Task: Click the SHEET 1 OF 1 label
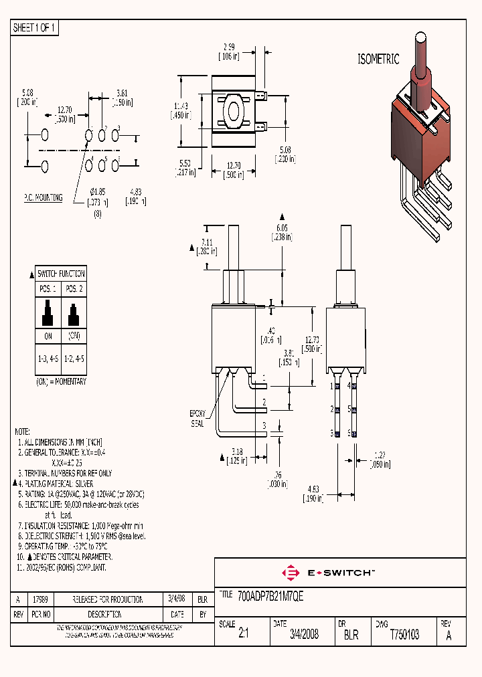pyautogui.click(x=35, y=28)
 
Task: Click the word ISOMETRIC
pyautogui.click(x=378, y=59)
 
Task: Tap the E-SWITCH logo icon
pyautogui.click(x=291, y=573)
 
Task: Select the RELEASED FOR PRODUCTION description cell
pyautogui.click(x=108, y=599)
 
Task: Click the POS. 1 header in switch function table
pyautogui.click(x=47, y=288)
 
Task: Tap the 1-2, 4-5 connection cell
pyautogui.click(x=73, y=359)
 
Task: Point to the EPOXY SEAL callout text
pyautogui.click(x=197, y=418)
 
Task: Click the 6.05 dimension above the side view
pyautogui.click(x=281, y=227)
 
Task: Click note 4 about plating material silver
pyautogui.click(x=56, y=483)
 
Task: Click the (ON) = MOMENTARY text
pyautogui.click(x=61, y=381)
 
